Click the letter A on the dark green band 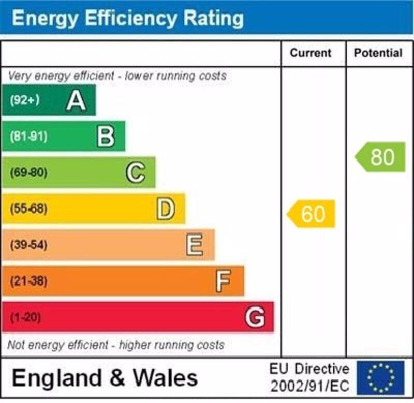(76, 100)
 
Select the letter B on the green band (106, 137)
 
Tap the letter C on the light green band (136, 173)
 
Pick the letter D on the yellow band (166, 209)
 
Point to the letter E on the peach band (195, 245)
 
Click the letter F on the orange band (223, 281)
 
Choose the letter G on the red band (255, 317)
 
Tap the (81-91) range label (28, 137)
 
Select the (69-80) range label (28, 173)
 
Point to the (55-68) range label (28, 209)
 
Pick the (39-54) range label (28, 245)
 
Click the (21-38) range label (28, 281)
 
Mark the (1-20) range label (25, 317)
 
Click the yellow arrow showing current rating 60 (312, 213)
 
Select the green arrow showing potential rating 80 (380, 157)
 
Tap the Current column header (310, 53)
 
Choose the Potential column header (378, 53)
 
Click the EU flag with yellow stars (380, 378)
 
